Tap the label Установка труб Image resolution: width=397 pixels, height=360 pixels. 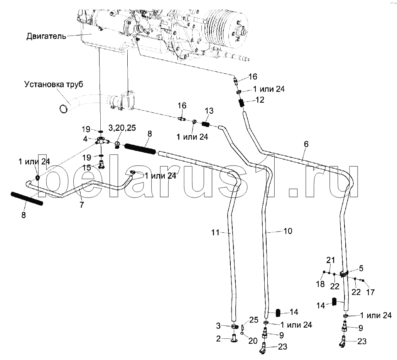[53, 84]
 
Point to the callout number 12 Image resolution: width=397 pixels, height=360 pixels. [259, 100]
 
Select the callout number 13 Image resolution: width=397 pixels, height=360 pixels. [208, 111]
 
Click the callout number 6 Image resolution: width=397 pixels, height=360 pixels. [306, 144]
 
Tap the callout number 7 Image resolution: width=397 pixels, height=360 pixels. [81, 205]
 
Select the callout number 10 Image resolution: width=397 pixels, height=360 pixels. [287, 231]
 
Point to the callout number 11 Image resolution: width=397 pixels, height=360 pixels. [215, 232]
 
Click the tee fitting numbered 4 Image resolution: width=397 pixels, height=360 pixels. [101, 141]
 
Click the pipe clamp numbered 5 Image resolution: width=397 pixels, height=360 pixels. [345, 274]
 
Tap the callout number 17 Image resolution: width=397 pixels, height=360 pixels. [370, 292]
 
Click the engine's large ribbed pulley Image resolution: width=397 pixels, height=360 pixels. [223, 26]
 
